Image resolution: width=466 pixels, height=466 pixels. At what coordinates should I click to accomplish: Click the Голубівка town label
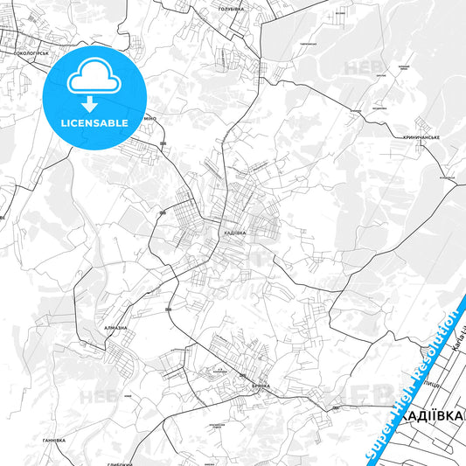pyautogui.click(x=231, y=7)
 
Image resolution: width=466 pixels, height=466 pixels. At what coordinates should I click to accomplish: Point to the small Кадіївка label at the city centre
pyautogui.click(x=233, y=233)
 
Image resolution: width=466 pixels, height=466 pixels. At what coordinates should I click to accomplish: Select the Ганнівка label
pyautogui.click(x=54, y=440)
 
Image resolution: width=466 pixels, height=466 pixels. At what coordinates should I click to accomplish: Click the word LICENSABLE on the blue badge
pyautogui.click(x=94, y=122)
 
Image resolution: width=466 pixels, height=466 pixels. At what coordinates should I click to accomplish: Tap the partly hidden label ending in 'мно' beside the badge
pyautogui.click(x=150, y=118)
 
